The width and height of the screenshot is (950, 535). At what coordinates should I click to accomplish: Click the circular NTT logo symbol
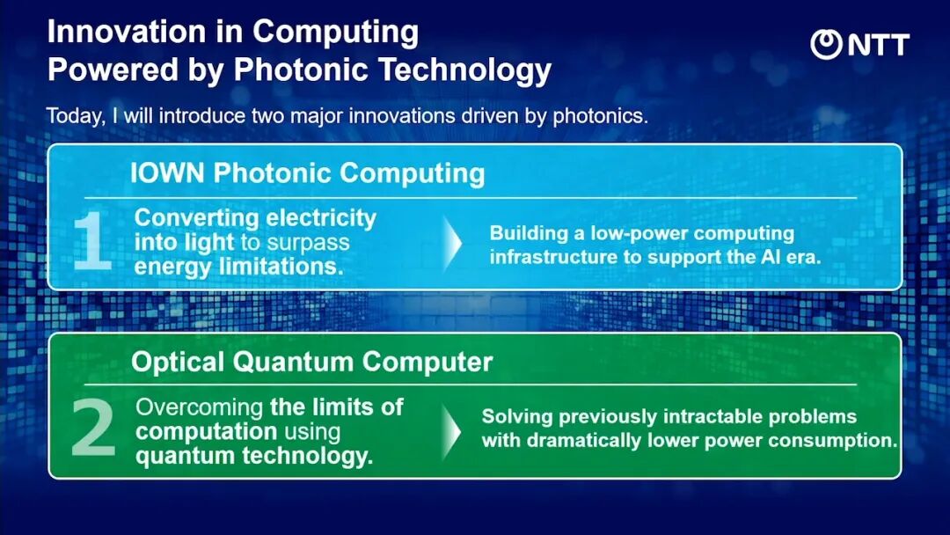click(x=826, y=44)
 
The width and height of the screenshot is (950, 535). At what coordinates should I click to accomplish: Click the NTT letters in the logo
click(x=879, y=45)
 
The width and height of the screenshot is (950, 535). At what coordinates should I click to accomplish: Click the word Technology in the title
click(x=464, y=70)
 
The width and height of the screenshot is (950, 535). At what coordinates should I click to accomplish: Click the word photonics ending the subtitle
click(x=600, y=116)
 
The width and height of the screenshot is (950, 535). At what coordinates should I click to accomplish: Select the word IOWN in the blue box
click(x=167, y=173)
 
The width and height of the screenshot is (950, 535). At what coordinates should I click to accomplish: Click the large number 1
click(x=92, y=240)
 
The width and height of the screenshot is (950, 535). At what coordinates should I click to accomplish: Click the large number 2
click(x=92, y=427)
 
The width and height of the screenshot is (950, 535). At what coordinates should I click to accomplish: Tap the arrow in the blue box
click(x=452, y=243)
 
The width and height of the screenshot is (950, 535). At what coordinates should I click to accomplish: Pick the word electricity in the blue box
click(x=321, y=218)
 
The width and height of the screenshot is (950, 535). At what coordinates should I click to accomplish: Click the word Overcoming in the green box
click(x=200, y=407)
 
